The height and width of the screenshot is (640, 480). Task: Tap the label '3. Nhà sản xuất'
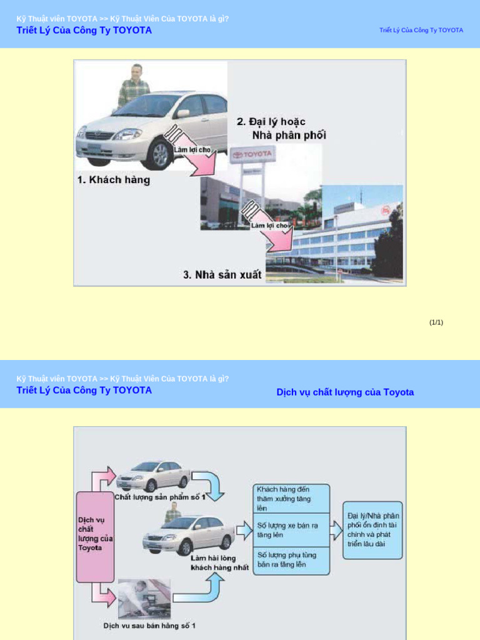222,274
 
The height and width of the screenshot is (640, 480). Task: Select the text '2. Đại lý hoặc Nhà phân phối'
281,128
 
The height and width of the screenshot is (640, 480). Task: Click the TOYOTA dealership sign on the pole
252,154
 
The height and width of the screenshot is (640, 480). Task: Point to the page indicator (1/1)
436,322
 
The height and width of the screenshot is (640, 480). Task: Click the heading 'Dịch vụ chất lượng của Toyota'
345,392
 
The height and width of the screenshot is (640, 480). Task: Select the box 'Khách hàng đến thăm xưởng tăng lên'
291,498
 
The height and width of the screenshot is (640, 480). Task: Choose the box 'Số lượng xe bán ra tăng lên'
291,530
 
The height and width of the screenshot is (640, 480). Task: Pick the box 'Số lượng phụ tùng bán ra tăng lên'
291,559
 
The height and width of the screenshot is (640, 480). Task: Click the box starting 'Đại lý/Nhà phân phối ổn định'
372,529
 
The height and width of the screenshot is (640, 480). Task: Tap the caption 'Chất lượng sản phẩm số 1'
160,497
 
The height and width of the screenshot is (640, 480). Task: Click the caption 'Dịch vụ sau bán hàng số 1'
150,625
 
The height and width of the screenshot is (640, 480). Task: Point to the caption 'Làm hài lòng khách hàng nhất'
220,562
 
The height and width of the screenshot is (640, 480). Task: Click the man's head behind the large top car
136,70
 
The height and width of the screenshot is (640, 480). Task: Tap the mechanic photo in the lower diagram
144,599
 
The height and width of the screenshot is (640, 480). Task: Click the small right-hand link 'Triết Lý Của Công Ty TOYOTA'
421,31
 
